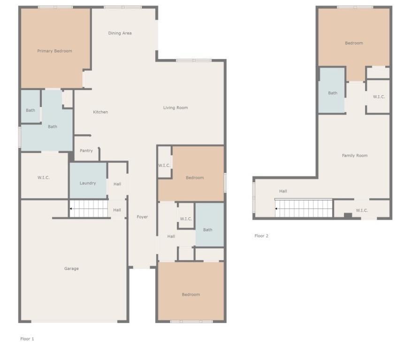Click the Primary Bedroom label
[54, 51]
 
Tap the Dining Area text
[120, 33]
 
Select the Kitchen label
[100, 112]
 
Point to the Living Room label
[176, 107]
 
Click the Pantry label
[86, 151]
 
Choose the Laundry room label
[88, 183]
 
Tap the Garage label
[71, 268]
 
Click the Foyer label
[142, 217]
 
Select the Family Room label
[355, 156]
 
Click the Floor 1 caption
[27, 339]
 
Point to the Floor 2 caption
[261, 236]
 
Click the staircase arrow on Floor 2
[276, 209]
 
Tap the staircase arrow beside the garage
[71, 209]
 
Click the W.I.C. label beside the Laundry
[43, 177]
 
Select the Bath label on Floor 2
[333, 93]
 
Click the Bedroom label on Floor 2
[354, 43]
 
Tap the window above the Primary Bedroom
[55, 7]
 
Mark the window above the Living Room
[194, 61]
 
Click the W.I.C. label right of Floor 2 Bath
[379, 97]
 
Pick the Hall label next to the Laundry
[117, 184]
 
